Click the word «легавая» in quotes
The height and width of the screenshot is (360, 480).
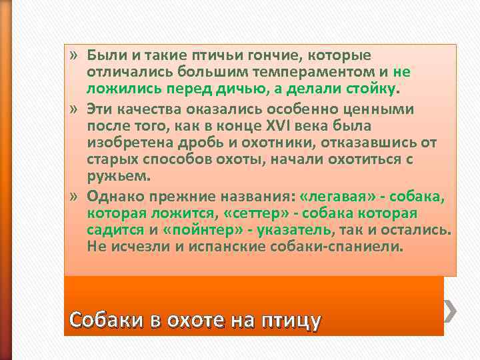334,197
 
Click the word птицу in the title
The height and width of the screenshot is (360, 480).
289,321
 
